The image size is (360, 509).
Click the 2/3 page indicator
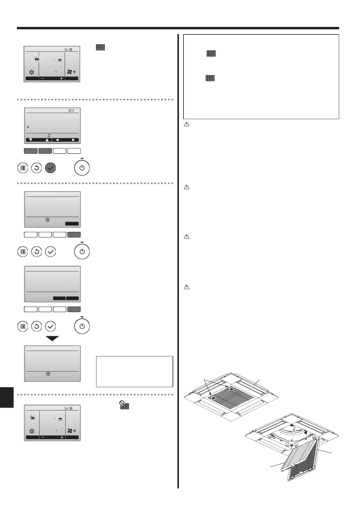click(71, 111)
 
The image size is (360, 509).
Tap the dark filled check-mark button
click(50, 168)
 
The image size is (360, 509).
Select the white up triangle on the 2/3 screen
click(47, 140)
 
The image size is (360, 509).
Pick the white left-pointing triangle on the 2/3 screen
click(57, 140)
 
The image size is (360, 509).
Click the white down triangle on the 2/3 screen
click(31, 140)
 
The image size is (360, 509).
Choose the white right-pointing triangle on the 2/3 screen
click(73, 140)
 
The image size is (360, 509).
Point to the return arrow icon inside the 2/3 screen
click(49, 135)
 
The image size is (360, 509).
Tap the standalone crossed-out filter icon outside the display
click(124, 405)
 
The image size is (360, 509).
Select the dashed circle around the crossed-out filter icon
click(32, 418)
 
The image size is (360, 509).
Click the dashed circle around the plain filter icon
click(37, 59)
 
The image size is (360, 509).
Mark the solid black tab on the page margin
click(7, 393)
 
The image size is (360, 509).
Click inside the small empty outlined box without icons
click(135, 371)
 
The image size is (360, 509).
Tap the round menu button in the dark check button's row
click(23, 168)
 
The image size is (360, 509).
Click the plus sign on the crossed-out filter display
click(62, 437)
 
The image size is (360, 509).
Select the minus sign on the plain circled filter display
click(42, 79)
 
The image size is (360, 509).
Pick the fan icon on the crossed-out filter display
click(70, 431)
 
